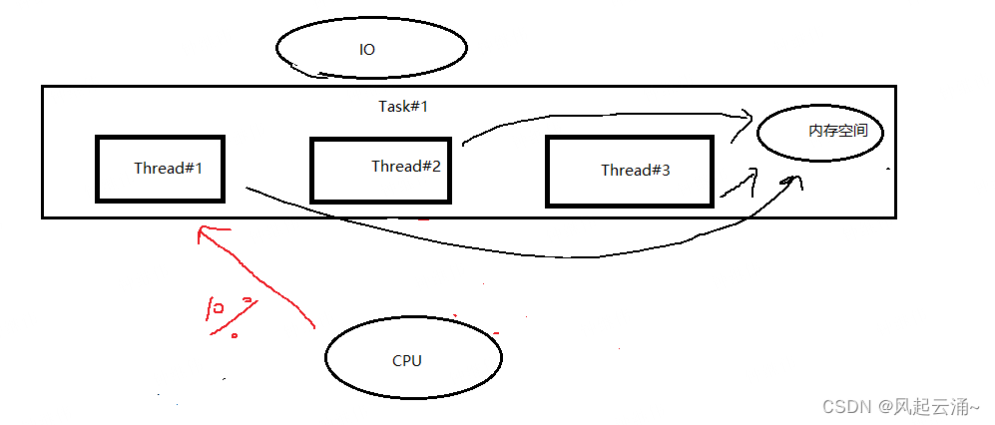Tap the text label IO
point(367,49)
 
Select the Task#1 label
point(403,106)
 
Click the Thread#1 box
point(160,169)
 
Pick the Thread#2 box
point(382,170)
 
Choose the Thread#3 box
point(630,172)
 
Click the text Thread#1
point(169,168)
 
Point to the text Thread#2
point(406,166)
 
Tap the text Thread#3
point(636,171)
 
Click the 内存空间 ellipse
point(820,133)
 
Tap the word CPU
point(407,360)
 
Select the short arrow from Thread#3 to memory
point(739,185)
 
